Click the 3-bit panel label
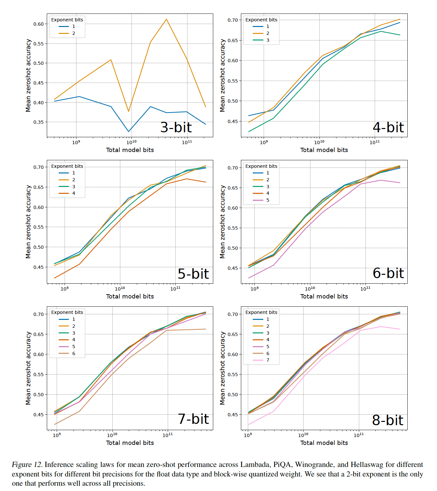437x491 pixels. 176,127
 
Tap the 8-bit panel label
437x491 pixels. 388,420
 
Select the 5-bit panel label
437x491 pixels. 193,274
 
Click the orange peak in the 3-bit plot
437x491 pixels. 166,19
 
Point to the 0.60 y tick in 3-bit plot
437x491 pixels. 39,24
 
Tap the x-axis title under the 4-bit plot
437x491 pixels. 324,150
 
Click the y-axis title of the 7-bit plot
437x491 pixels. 28,368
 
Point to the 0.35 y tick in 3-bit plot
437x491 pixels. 39,122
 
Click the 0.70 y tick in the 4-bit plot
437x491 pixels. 233,20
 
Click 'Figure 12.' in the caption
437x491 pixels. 27,465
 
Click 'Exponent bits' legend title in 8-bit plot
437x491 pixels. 261,312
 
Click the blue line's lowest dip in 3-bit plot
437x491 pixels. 129,132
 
